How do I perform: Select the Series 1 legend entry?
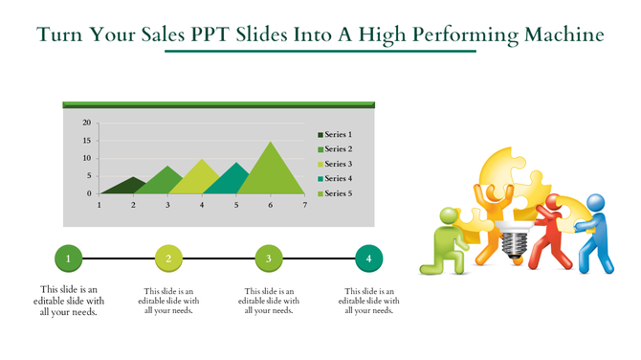click(338, 135)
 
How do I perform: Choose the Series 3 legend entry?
click(338, 165)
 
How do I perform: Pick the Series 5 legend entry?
click(338, 194)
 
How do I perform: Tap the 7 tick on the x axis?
click(304, 205)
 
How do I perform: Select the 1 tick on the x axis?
click(99, 205)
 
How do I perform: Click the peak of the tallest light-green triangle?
click(271, 143)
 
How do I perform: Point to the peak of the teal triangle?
click(236, 163)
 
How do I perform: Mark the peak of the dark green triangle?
click(134, 178)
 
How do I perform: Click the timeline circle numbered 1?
click(68, 258)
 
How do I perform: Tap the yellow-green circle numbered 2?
click(168, 258)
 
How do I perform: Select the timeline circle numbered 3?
click(269, 258)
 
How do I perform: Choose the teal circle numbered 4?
click(368, 258)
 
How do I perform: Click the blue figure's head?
click(595, 204)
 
